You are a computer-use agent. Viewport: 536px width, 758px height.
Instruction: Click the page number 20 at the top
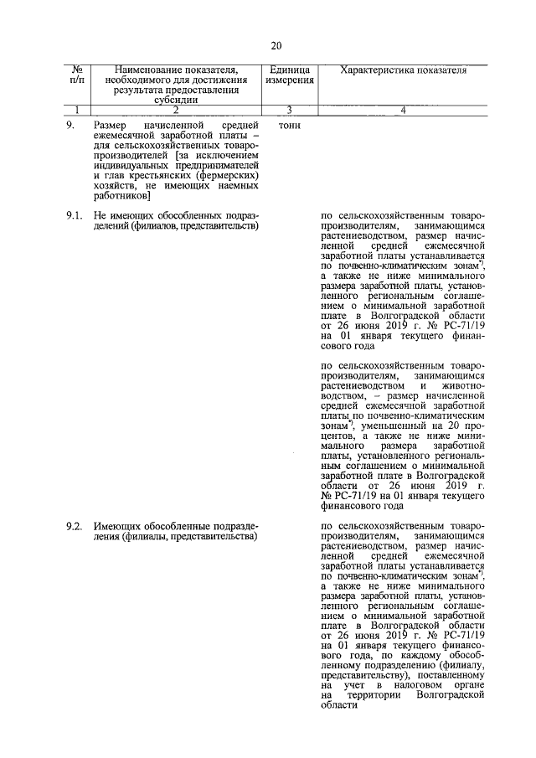[x=276, y=45]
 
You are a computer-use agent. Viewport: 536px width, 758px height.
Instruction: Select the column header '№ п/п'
[x=76, y=77]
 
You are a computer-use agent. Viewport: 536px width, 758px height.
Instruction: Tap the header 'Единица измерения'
[x=291, y=75]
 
